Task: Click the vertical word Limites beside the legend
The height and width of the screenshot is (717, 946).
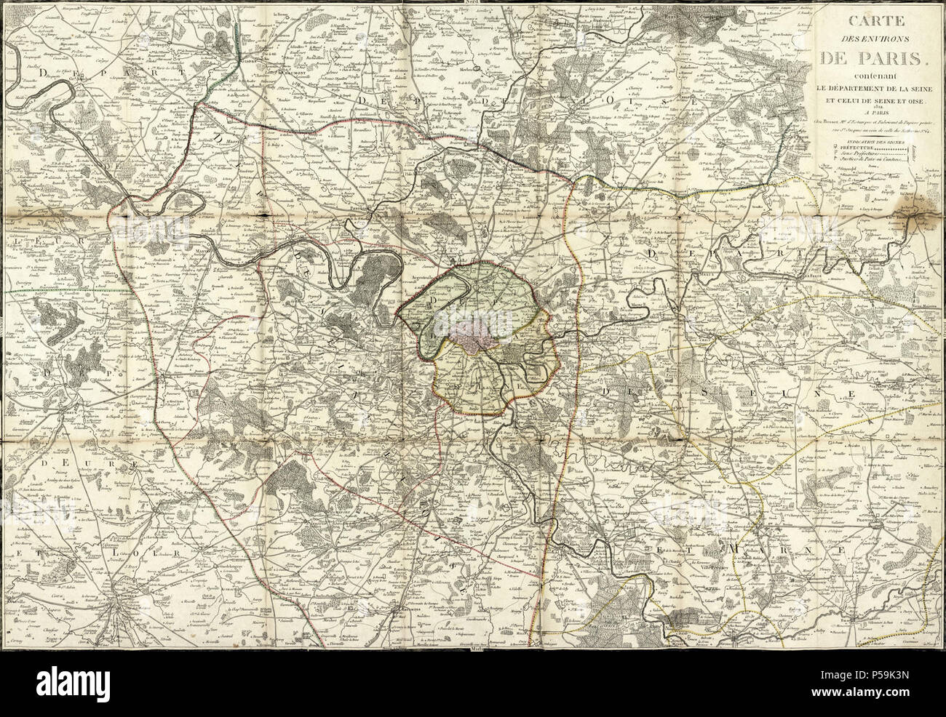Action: point(915,153)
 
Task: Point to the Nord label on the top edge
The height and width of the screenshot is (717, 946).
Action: point(472,3)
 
